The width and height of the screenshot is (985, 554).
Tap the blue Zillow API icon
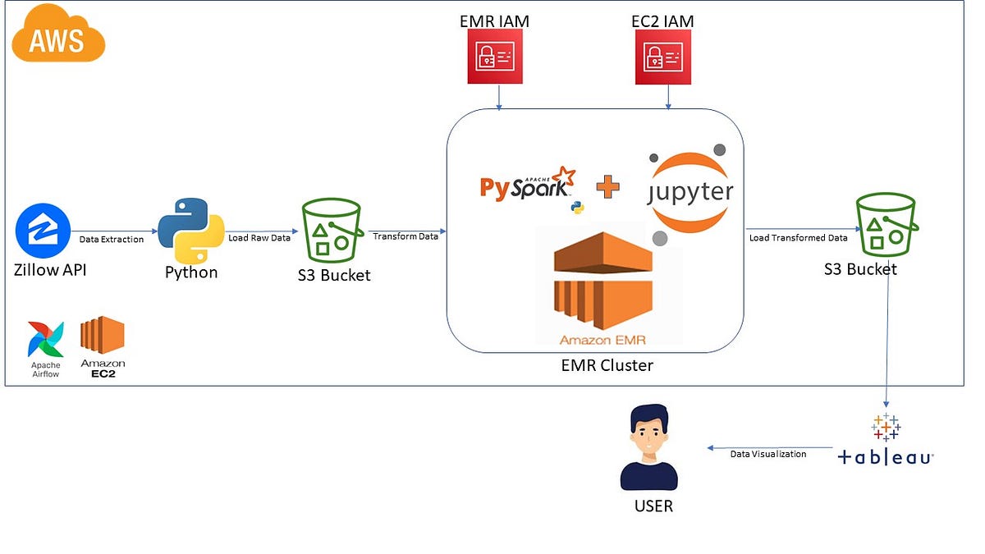pyautogui.click(x=43, y=231)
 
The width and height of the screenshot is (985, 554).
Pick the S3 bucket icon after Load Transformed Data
pyautogui.click(x=885, y=223)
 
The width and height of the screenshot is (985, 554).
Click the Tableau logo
pyautogui.click(x=886, y=443)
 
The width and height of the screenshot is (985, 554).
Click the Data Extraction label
pyautogui.click(x=111, y=240)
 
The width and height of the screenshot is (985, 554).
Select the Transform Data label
pyautogui.click(x=405, y=236)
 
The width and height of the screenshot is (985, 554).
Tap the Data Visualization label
pyautogui.click(x=768, y=454)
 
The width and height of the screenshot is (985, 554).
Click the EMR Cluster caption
pyautogui.click(x=607, y=365)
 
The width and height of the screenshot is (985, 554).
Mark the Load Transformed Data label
pyautogui.click(x=798, y=238)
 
